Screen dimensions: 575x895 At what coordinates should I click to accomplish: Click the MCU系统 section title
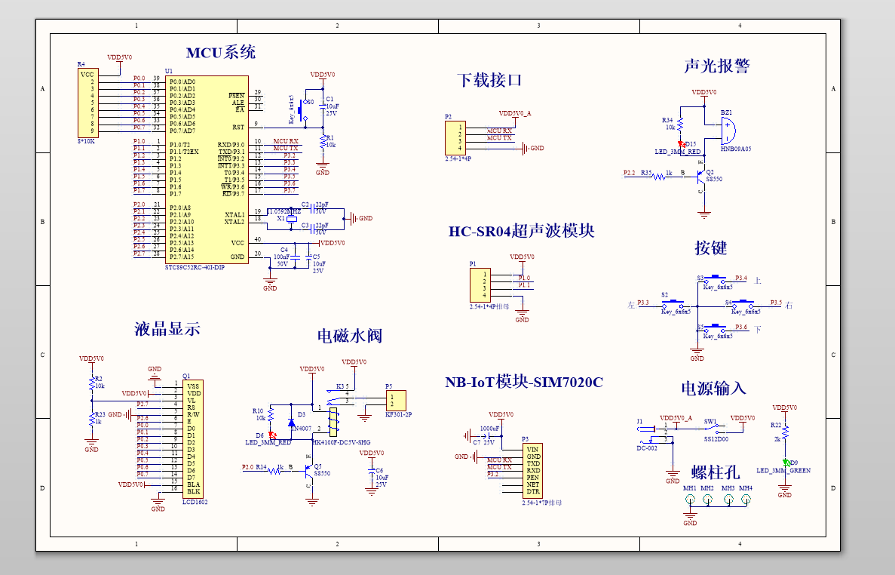coord(220,52)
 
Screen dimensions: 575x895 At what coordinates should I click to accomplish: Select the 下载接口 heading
coord(489,80)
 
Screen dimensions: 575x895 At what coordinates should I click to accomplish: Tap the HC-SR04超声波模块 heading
coord(521,232)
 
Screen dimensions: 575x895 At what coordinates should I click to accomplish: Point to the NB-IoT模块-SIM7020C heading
coord(523,383)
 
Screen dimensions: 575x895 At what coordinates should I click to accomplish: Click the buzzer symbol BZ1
coord(726,131)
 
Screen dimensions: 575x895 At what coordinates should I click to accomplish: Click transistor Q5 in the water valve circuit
coord(310,469)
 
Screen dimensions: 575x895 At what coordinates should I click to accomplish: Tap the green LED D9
coord(785,463)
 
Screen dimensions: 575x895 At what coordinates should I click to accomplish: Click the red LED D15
coord(681,143)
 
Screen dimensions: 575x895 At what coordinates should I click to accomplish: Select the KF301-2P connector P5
coord(395,400)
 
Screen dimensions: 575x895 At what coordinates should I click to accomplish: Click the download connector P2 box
coord(455,138)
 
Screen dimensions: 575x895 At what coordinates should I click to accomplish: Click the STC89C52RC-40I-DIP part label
coord(195,267)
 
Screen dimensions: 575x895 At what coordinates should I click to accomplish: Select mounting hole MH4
coord(746,499)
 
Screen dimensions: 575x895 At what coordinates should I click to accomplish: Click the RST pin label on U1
coord(238,127)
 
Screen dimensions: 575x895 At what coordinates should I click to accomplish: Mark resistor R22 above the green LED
coord(785,432)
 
